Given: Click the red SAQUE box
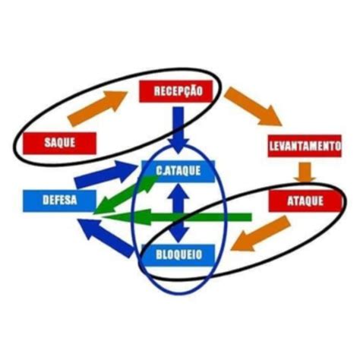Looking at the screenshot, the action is click(x=59, y=143).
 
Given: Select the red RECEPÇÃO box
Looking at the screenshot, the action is click(x=175, y=91).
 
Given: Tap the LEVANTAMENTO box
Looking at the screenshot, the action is click(x=305, y=146).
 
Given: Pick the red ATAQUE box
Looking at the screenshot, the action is click(x=305, y=201).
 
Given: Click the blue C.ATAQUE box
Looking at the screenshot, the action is click(x=178, y=172).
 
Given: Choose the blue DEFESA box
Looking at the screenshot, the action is click(x=59, y=201).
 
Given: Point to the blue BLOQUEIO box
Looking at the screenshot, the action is click(x=178, y=255).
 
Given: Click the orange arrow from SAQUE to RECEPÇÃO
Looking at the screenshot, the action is click(x=97, y=109).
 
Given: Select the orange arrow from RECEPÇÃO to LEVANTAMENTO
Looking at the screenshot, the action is click(x=253, y=106).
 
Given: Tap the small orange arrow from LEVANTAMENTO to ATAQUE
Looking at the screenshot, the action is click(x=305, y=172).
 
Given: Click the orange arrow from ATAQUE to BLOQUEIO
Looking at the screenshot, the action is click(x=261, y=234).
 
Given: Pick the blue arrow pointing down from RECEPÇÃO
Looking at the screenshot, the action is click(x=178, y=130).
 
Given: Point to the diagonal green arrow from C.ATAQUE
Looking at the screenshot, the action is click(x=126, y=194).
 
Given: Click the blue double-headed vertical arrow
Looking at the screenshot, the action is click(x=178, y=212).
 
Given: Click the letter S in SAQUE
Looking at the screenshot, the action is click(x=47, y=143).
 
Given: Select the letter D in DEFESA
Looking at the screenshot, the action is click(x=46, y=201).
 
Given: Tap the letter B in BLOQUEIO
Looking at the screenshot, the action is click(x=159, y=255).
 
